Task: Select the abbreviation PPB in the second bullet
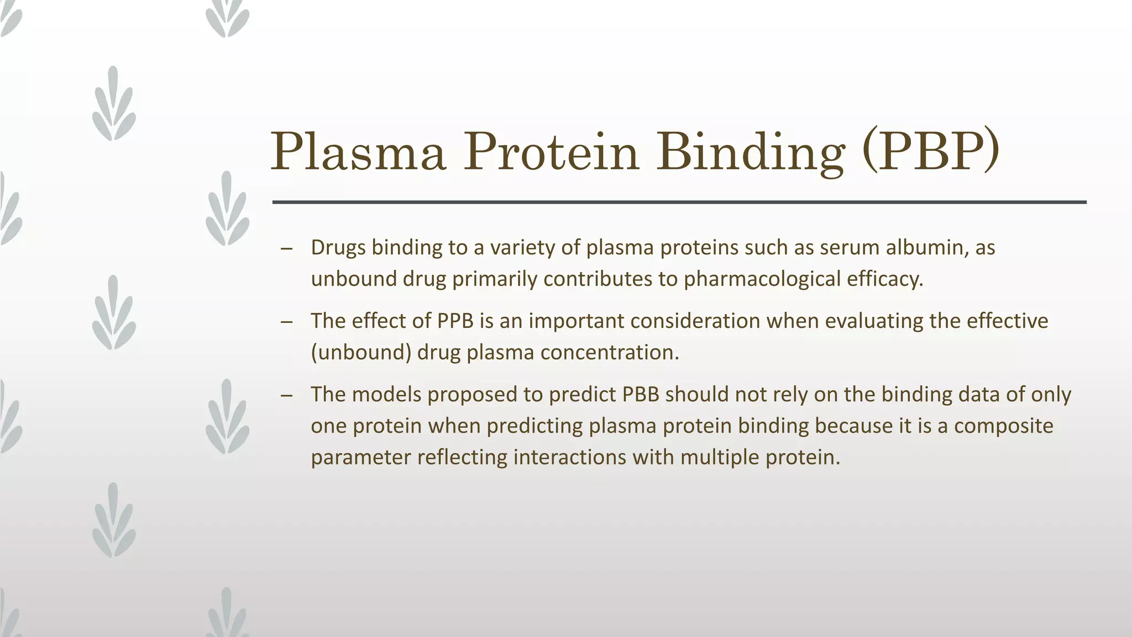[455, 321]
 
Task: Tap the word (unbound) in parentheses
[361, 352]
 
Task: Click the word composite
[1004, 426]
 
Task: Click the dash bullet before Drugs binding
[286, 248]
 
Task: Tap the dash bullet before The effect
[286, 322]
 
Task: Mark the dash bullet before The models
[286, 395]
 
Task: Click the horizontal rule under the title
[679, 202]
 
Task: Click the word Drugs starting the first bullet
[338, 247]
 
